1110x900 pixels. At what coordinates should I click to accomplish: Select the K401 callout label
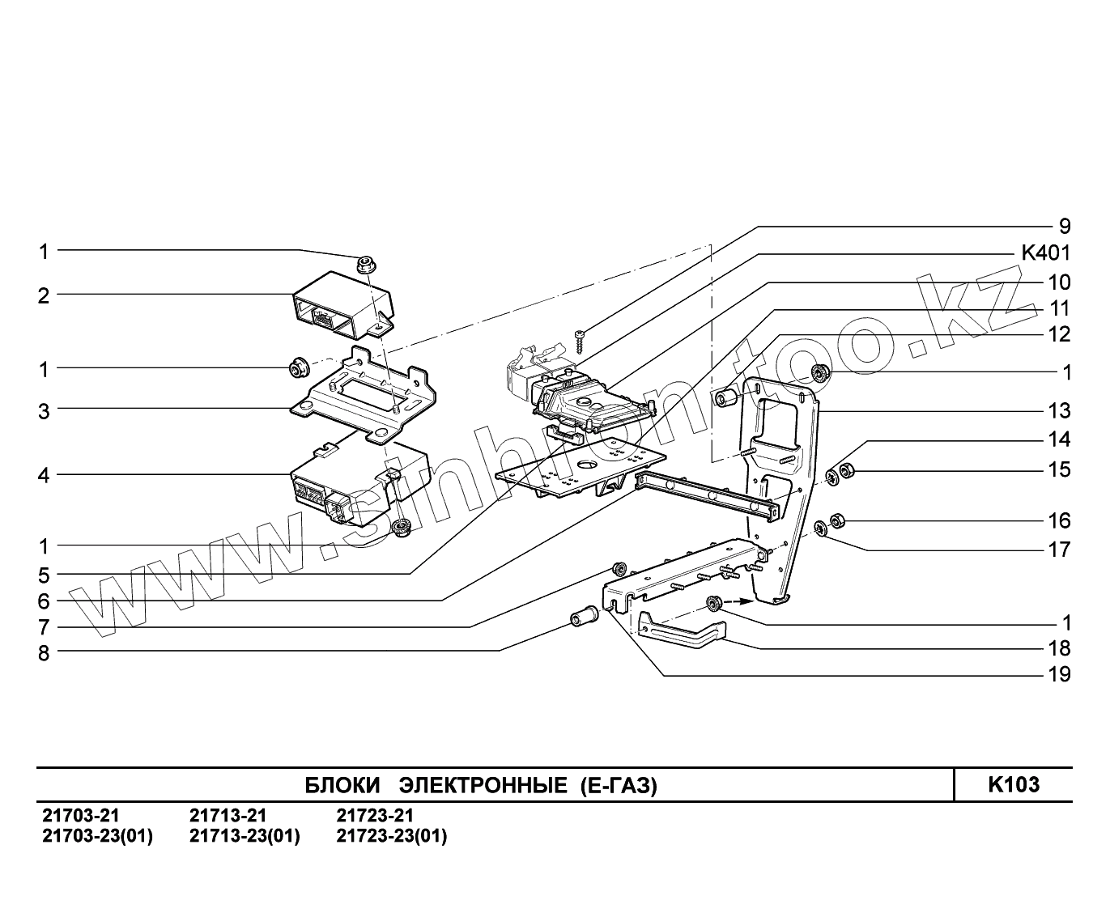1045,253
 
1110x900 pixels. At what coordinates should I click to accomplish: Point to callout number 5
44,575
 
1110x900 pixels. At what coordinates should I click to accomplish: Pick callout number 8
44,653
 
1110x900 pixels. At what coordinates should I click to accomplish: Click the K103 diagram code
1013,784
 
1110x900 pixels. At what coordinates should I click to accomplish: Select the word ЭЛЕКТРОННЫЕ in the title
483,785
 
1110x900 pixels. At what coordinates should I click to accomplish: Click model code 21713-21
228,815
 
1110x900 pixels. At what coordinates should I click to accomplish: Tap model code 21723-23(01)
391,836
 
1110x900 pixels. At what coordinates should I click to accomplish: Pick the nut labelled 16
840,519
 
